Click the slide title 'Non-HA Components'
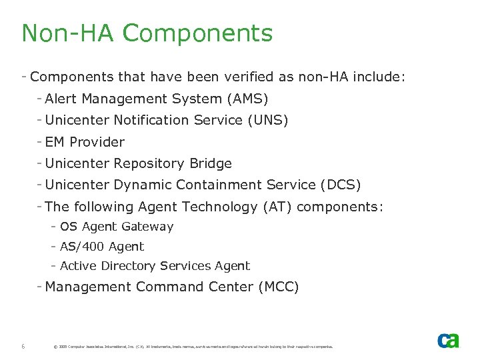coord(147,33)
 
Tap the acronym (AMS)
coord(247,99)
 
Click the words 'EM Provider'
coord(85,142)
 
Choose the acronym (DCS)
coord(341,185)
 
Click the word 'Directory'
coord(129,266)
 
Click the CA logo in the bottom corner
coord(448,341)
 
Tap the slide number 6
coord(23,346)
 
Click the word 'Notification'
coord(151,121)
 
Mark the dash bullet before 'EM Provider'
coord(40,141)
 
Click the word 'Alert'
coord(61,99)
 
